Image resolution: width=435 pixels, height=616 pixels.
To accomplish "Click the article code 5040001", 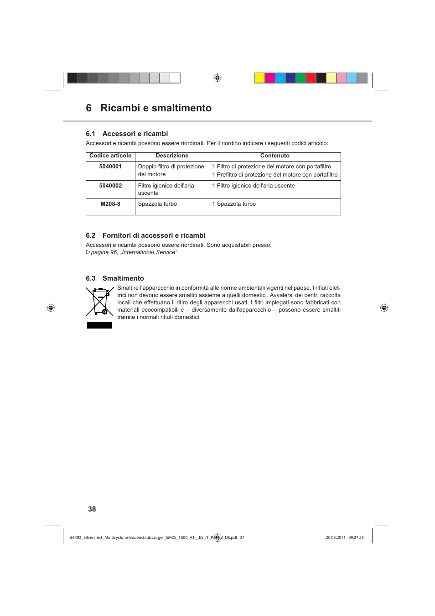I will click(110, 167).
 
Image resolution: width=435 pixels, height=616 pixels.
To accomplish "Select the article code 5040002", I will click(110, 186).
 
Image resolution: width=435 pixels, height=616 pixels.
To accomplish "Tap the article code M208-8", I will click(110, 204).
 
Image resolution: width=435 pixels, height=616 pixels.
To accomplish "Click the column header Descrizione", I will click(172, 156).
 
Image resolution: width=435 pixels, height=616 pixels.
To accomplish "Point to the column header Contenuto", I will click(274, 156).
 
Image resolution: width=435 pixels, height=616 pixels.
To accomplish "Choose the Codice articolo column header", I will click(110, 156).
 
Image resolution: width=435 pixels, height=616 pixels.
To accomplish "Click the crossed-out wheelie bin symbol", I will click(99, 301).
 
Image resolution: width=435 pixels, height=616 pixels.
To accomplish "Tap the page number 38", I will click(92, 509).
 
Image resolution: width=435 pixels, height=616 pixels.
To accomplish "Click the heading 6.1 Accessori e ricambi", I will click(127, 134).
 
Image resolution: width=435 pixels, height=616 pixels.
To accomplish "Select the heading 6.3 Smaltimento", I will click(115, 278).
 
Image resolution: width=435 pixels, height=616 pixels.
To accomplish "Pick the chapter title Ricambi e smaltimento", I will click(156, 108).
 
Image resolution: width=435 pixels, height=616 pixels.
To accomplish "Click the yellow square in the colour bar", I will click(259, 78).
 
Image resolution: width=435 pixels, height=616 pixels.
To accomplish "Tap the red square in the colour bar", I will click(311, 78).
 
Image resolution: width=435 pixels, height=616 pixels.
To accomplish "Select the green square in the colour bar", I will click(301, 78).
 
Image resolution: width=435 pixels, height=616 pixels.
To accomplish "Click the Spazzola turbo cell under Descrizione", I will click(157, 204).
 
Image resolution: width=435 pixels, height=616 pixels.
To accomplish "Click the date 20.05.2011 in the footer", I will click(335, 538).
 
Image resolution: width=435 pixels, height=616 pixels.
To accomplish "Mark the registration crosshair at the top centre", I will click(217, 78).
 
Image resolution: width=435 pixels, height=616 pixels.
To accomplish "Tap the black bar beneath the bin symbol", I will click(99, 325).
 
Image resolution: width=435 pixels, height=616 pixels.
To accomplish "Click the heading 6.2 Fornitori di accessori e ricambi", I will click(145, 235).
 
